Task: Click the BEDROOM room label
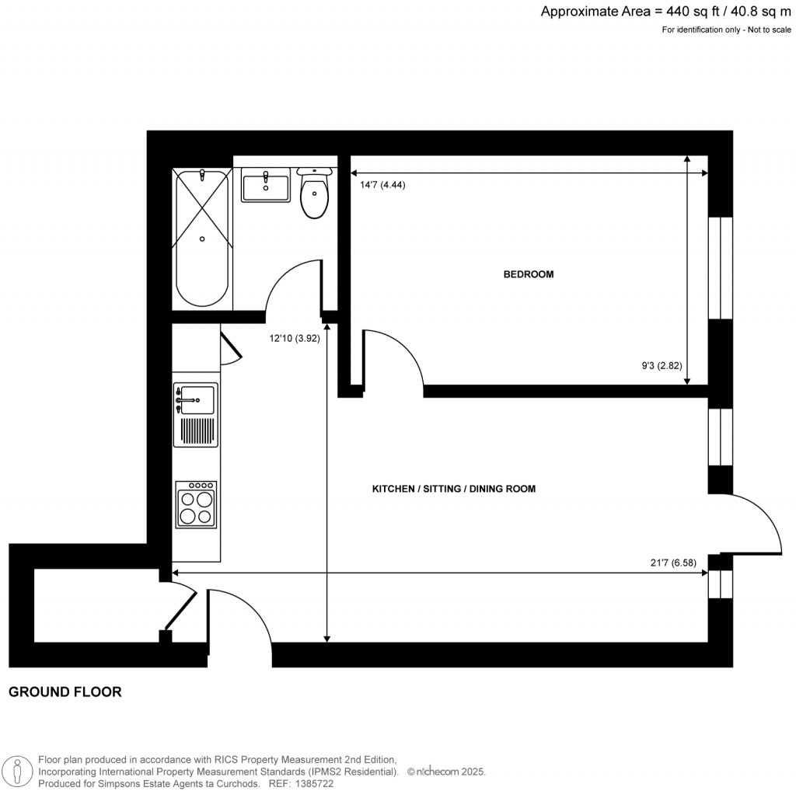point(529,274)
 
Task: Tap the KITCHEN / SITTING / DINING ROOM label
point(454,489)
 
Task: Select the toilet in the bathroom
point(314,194)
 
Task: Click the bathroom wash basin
point(265,186)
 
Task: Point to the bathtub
point(202,238)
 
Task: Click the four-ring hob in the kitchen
point(196,505)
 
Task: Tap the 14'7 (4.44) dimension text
point(383,185)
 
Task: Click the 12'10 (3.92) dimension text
point(295,338)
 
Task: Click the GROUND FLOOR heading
point(65,692)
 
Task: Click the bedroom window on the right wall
point(721,267)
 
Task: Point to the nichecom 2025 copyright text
point(446,772)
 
